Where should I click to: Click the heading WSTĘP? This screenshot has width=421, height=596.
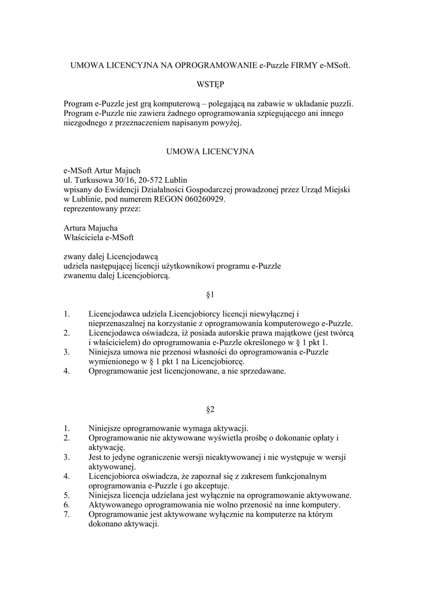[210, 84]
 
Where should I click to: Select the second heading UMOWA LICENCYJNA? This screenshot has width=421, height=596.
[210, 151]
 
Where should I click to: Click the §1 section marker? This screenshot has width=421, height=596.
[211, 295]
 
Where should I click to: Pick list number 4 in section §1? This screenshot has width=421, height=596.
[67, 371]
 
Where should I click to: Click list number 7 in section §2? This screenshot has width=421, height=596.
[67, 515]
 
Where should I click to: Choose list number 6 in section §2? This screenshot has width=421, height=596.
[67, 505]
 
